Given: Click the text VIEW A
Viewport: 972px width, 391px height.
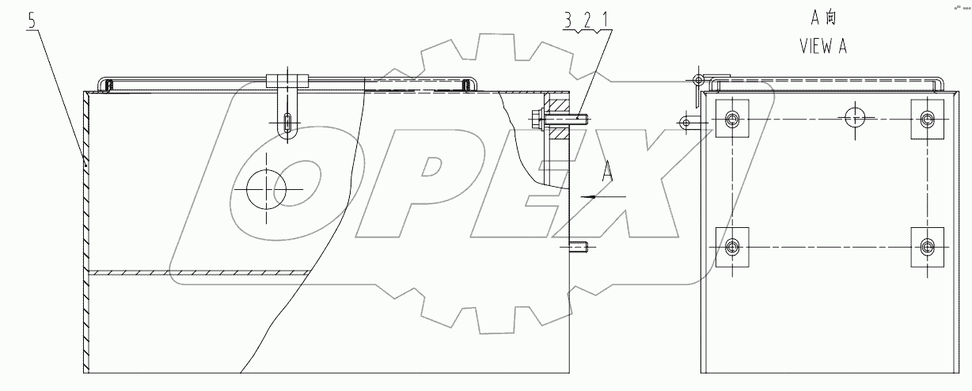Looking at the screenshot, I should [822, 47].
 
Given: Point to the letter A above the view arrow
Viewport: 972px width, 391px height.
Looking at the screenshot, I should [607, 170].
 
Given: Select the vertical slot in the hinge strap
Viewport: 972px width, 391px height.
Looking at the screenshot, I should [287, 124].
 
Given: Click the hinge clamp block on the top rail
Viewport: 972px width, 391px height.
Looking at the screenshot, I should [286, 81].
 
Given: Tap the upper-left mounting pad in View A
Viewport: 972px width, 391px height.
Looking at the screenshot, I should [731, 119].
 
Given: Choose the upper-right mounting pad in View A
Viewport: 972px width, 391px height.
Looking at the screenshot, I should [927, 119].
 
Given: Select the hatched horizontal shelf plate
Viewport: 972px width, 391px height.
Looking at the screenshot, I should [198, 272].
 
